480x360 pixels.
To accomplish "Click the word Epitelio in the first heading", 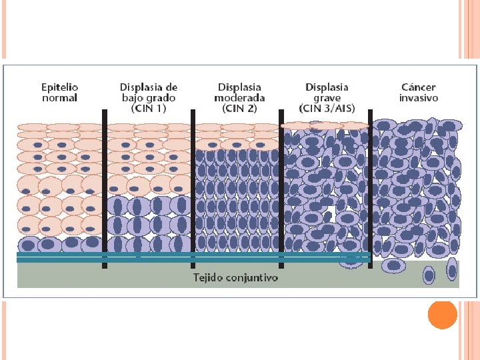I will [60, 87].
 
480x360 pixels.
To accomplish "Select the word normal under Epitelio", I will [60, 97].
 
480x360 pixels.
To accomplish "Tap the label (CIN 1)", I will [148, 108].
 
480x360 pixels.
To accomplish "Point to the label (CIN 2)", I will [239, 108].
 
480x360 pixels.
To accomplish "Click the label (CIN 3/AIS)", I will [327, 108].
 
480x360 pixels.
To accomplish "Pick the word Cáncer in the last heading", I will [419, 87].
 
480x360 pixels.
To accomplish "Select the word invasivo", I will [419, 97].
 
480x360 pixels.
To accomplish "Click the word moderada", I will [239, 97].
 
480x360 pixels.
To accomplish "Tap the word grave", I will [327, 97].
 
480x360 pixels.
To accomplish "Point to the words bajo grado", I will [148, 97].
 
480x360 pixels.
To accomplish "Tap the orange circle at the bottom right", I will [442, 315].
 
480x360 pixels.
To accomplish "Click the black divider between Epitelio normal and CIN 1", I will [104, 187].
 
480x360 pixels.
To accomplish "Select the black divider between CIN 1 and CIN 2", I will [193, 187].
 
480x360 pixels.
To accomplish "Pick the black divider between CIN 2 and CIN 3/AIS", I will [281, 187].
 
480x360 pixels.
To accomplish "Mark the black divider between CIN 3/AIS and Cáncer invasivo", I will [370, 187].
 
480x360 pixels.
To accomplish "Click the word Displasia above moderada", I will [239, 87].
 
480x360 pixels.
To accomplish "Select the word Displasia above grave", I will [327, 87].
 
